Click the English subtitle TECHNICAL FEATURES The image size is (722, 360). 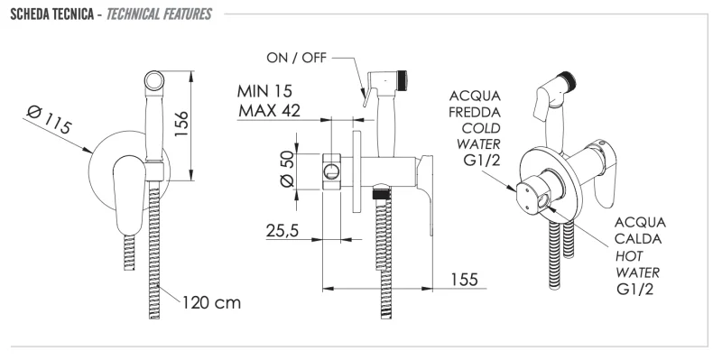tap(161, 15)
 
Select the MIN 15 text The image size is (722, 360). tap(268, 91)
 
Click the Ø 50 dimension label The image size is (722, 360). tap(287, 168)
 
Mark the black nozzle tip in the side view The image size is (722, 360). tap(405, 73)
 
